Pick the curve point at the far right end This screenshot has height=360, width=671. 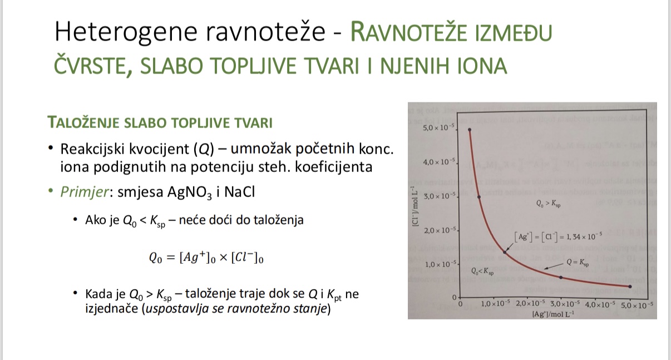click(x=630, y=287)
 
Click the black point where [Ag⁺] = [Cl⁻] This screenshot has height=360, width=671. click(x=505, y=251)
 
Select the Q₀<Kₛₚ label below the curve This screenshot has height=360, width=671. click(x=482, y=272)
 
